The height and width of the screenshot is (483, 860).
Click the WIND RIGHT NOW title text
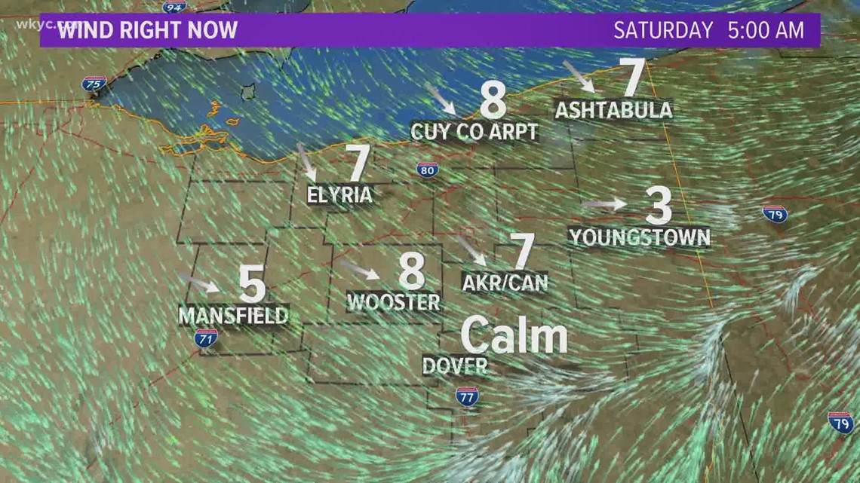click(x=148, y=30)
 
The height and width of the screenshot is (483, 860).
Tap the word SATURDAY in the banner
click(x=663, y=30)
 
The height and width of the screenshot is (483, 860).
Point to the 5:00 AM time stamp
click(x=765, y=30)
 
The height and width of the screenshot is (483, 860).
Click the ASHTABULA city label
click(x=613, y=110)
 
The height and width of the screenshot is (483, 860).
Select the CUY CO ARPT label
click(x=475, y=132)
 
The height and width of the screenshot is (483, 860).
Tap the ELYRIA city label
click(x=339, y=195)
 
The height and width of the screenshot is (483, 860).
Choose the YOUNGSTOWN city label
click(x=640, y=237)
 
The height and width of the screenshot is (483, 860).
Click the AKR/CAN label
click(x=505, y=282)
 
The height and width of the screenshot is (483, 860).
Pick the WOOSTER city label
click(x=393, y=301)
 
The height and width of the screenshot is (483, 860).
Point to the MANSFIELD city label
click(x=233, y=314)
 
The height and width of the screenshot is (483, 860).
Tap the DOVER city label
click(x=454, y=365)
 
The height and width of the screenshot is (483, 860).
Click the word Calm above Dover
click(x=514, y=336)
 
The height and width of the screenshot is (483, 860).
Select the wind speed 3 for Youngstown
click(x=658, y=205)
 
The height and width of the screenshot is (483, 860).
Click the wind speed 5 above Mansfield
click(x=252, y=283)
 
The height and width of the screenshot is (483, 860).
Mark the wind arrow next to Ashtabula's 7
click(x=579, y=76)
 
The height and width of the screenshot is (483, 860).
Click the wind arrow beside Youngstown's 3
click(x=604, y=203)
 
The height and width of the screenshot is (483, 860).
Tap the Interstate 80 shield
click(x=428, y=170)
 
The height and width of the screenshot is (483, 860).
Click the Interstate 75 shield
click(x=94, y=84)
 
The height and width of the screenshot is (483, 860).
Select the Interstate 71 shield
click(x=205, y=338)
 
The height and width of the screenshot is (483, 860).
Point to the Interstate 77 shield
click(x=467, y=396)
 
